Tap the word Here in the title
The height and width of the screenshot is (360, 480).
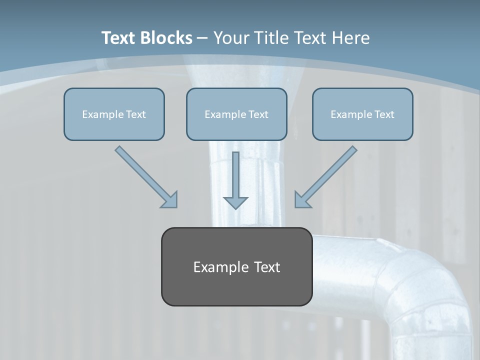pyautogui.click(x=349, y=38)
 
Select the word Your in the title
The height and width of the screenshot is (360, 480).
pyautogui.click(x=232, y=38)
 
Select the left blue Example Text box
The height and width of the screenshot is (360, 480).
pyautogui.click(x=114, y=114)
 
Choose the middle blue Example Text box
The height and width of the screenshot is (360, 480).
pyautogui.click(x=236, y=114)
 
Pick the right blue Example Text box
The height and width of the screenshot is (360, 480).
pyautogui.click(x=362, y=114)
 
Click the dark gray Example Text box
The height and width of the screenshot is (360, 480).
pyautogui.click(x=236, y=266)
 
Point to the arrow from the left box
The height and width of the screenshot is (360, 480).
pyautogui.click(x=142, y=173)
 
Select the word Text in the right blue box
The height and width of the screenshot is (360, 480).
pyautogui.click(x=384, y=114)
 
